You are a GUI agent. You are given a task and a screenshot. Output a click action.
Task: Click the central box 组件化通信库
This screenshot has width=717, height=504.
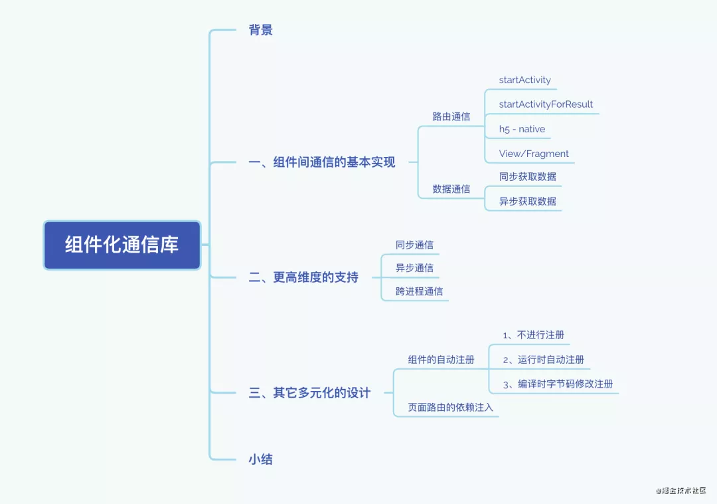pos(122,245)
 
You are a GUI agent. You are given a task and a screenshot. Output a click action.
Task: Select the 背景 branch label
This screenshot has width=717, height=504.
pos(260,30)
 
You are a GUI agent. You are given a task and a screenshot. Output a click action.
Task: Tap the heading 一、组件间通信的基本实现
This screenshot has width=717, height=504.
pos(321,162)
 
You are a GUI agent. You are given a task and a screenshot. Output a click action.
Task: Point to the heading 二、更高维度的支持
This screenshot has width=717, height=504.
pos(303,277)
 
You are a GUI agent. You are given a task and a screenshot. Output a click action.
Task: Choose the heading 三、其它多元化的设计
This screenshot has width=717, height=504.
pos(309,393)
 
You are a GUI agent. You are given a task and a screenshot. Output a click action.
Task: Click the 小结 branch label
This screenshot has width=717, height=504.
pos(260,459)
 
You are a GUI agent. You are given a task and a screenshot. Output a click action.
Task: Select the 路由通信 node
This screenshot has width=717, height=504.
pos(451,116)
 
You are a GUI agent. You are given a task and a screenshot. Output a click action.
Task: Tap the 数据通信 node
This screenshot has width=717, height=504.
pos(451,189)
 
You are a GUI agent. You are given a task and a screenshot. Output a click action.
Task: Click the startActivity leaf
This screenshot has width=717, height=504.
pos(524,80)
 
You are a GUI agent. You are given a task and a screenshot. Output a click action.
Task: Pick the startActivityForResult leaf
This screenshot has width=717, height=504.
pos(546,104)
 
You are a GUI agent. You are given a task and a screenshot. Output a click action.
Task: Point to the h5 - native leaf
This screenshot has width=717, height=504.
pos(522,129)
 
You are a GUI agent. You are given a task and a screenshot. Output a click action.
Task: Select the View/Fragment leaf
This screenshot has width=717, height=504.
pos(534,154)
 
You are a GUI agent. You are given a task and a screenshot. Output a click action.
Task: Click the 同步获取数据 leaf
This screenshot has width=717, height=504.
pos(527,177)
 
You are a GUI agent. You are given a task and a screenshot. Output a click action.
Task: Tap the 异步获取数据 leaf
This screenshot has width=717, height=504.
pos(527,201)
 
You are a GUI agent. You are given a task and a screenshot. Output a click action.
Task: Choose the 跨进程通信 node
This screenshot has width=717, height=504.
pos(419,291)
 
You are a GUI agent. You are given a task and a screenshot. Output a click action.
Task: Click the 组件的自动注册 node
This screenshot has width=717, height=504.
pos(441,360)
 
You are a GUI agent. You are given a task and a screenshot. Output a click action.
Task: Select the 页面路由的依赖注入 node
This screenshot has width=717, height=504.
pos(450,407)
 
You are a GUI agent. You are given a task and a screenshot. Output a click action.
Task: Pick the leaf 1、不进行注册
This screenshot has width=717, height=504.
pos(533,335)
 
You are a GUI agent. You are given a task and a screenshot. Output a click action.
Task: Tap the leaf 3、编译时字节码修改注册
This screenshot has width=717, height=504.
pos(557,384)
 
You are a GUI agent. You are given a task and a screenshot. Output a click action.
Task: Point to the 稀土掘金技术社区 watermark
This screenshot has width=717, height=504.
pos(683,491)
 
